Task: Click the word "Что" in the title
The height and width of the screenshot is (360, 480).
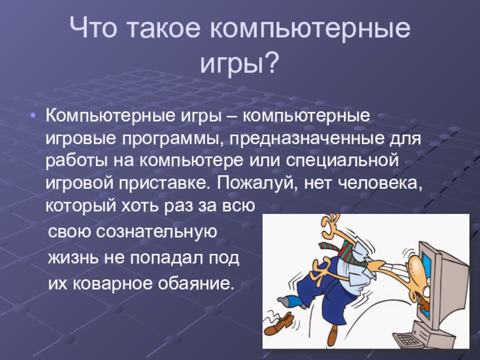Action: coord(94,28)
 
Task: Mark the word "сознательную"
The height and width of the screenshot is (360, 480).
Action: coord(157,232)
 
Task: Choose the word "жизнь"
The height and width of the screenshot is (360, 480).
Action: coord(73,258)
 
